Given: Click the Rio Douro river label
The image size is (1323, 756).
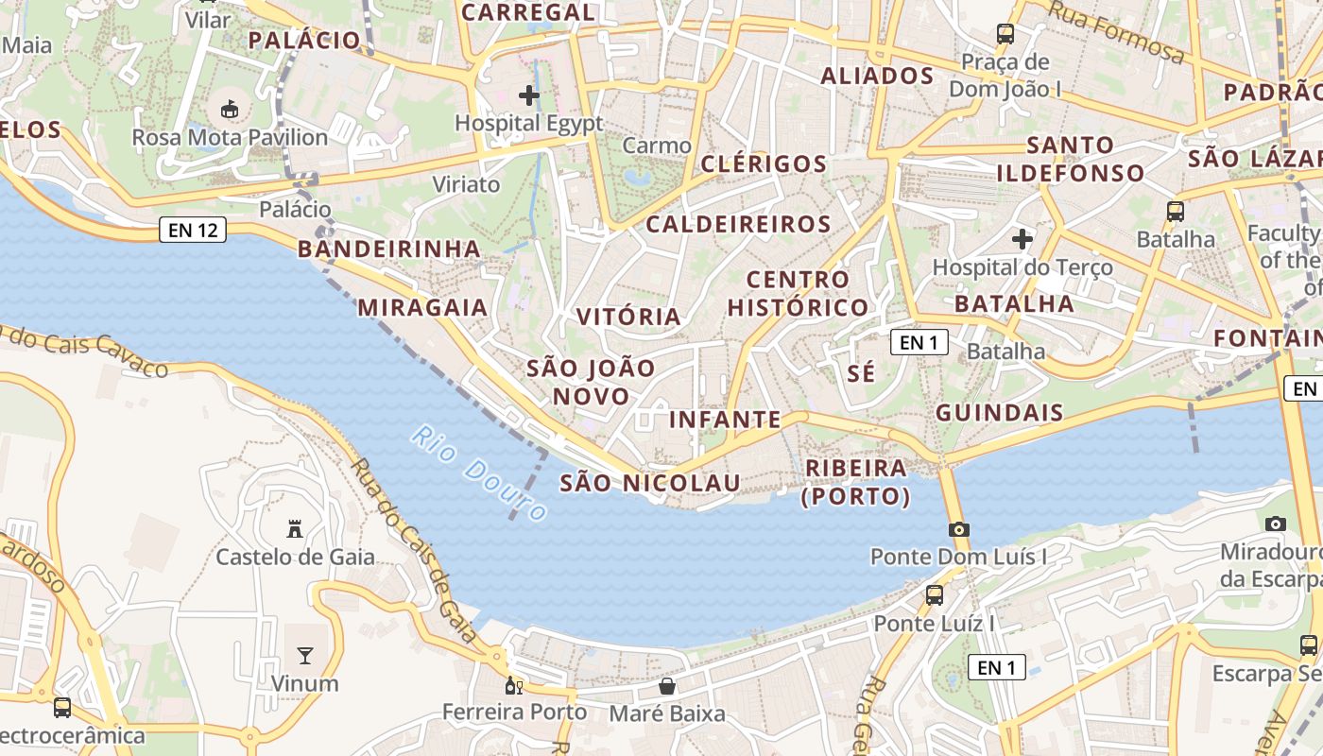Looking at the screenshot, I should (479, 473).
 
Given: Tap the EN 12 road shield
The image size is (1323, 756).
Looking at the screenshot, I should (194, 230).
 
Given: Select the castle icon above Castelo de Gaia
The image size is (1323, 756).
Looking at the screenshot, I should (295, 529).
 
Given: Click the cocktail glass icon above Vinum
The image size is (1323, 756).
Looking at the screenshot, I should (304, 655).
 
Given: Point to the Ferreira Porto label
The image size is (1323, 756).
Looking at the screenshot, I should (515, 712).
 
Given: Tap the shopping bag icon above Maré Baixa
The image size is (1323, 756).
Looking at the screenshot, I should (667, 685).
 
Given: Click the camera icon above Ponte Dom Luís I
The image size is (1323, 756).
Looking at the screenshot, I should (959, 529).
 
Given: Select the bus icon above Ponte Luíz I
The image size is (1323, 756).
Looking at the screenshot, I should (935, 595).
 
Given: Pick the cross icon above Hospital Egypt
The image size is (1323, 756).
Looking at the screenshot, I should (529, 95).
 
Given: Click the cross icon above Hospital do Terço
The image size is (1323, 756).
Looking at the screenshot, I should (1022, 240).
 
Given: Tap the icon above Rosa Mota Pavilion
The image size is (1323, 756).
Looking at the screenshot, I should (230, 110).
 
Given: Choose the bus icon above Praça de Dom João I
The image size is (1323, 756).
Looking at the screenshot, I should (1005, 35).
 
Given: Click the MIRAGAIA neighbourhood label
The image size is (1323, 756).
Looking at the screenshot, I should (422, 307).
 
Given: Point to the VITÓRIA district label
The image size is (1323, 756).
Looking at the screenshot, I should (628, 317).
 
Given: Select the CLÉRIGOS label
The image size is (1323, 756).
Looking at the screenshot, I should (764, 163).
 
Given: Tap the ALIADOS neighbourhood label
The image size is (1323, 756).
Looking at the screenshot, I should (877, 76).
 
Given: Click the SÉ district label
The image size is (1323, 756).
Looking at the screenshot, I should (861, 373).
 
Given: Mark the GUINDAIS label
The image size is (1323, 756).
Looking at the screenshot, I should (1000, 413).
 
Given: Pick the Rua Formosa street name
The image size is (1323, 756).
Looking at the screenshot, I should (1117, 32).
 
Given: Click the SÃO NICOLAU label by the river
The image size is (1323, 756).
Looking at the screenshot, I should (663, 483).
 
